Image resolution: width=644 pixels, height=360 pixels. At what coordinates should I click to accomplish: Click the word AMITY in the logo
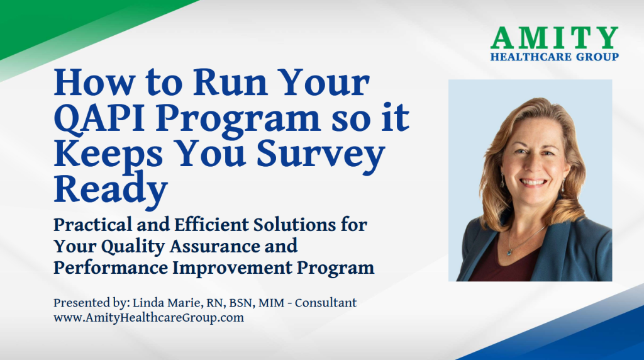[x=555, y=38]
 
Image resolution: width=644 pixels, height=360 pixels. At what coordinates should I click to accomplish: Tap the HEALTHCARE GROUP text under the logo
[x=555, y=57]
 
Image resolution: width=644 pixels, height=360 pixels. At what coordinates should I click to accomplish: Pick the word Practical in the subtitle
[x=91, y=225]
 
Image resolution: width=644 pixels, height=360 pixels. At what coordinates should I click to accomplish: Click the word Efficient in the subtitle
[x=211, y=225]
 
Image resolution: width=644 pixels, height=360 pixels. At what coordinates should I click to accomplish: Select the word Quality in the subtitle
[x=133, y=246]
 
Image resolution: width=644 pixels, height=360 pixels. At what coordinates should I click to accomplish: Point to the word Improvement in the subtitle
[x=233, y=267]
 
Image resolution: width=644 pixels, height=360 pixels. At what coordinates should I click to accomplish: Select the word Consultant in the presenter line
[x=326, y=303]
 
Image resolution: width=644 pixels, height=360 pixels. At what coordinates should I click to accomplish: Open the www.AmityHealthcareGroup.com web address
[x=148, y=318]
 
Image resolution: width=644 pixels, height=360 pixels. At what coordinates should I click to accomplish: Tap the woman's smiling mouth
[x=533, y=182]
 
